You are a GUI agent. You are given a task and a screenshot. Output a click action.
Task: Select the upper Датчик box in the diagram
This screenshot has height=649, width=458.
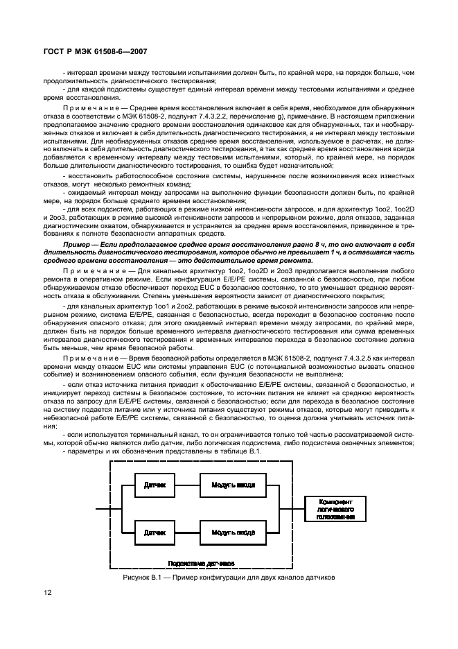(155, 485)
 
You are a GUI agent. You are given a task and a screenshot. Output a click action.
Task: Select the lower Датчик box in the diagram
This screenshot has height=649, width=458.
(155, 533)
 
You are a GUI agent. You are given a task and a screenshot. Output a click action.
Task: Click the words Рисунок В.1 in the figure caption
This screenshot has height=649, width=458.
(142, 576)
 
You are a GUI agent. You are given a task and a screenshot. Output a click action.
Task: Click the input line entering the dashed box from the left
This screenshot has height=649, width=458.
(103, 509)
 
